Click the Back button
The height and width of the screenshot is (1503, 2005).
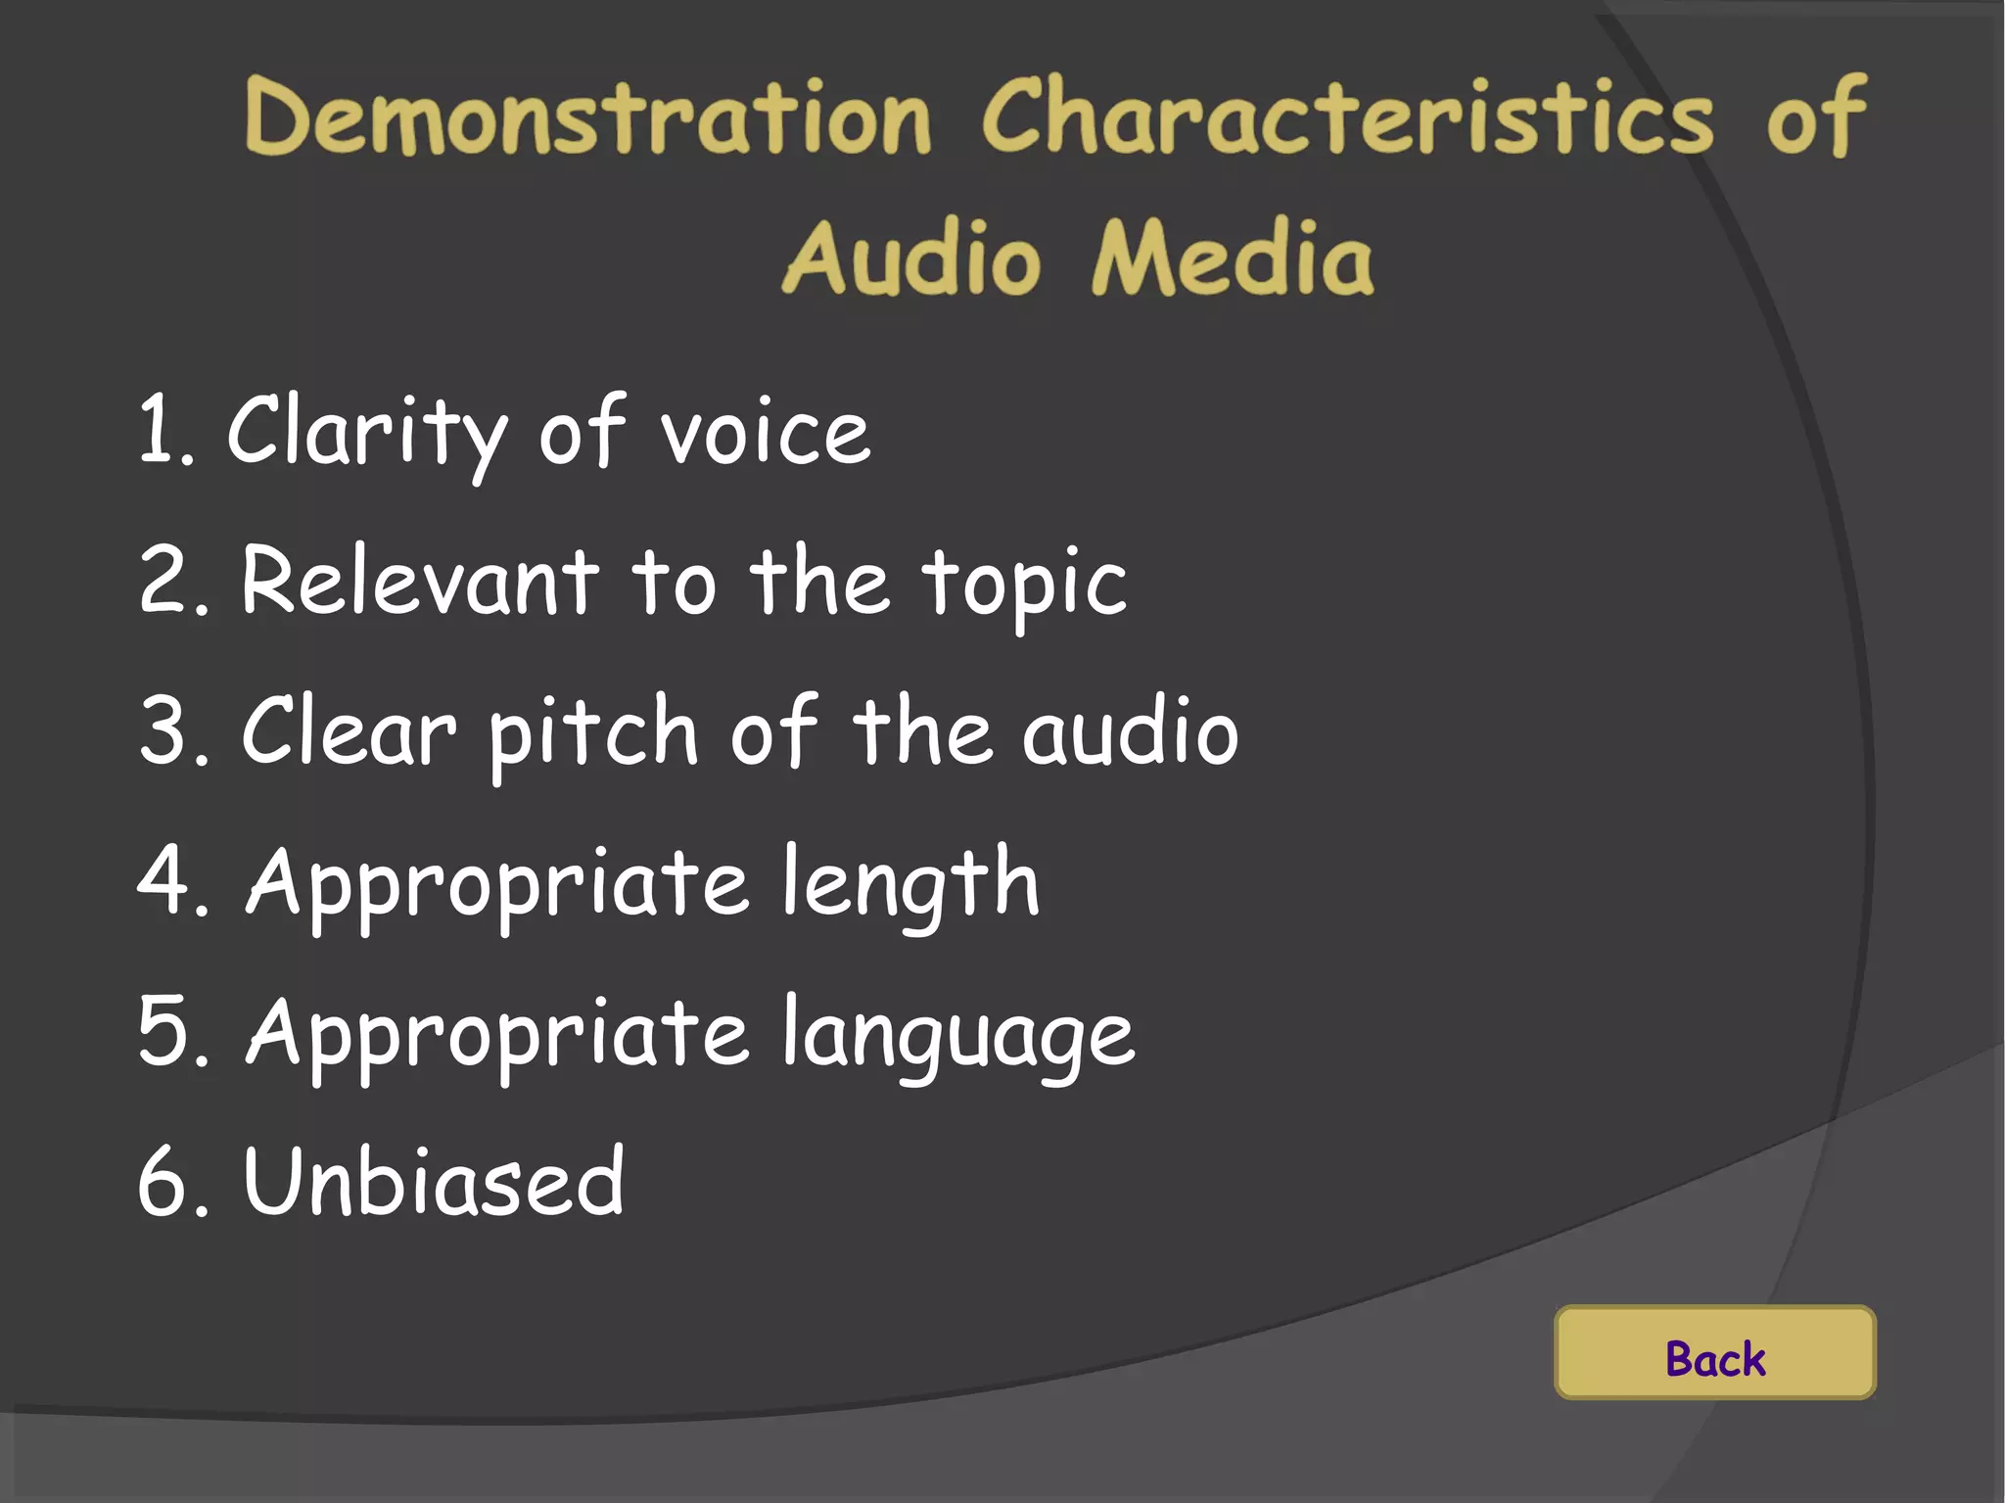tap(1714, 1352)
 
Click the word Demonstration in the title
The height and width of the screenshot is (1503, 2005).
tap(587, 117)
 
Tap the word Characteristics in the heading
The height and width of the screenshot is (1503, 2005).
tap(1348, 117)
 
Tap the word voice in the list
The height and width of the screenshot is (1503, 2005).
tap(765, 434)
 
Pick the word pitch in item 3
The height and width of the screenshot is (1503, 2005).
tap(592, 733)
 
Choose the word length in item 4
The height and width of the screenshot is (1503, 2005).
tap(909, 883)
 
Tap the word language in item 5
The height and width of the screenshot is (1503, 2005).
tap(958, 1036)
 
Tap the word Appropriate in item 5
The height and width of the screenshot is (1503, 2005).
tap(497, 1034)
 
